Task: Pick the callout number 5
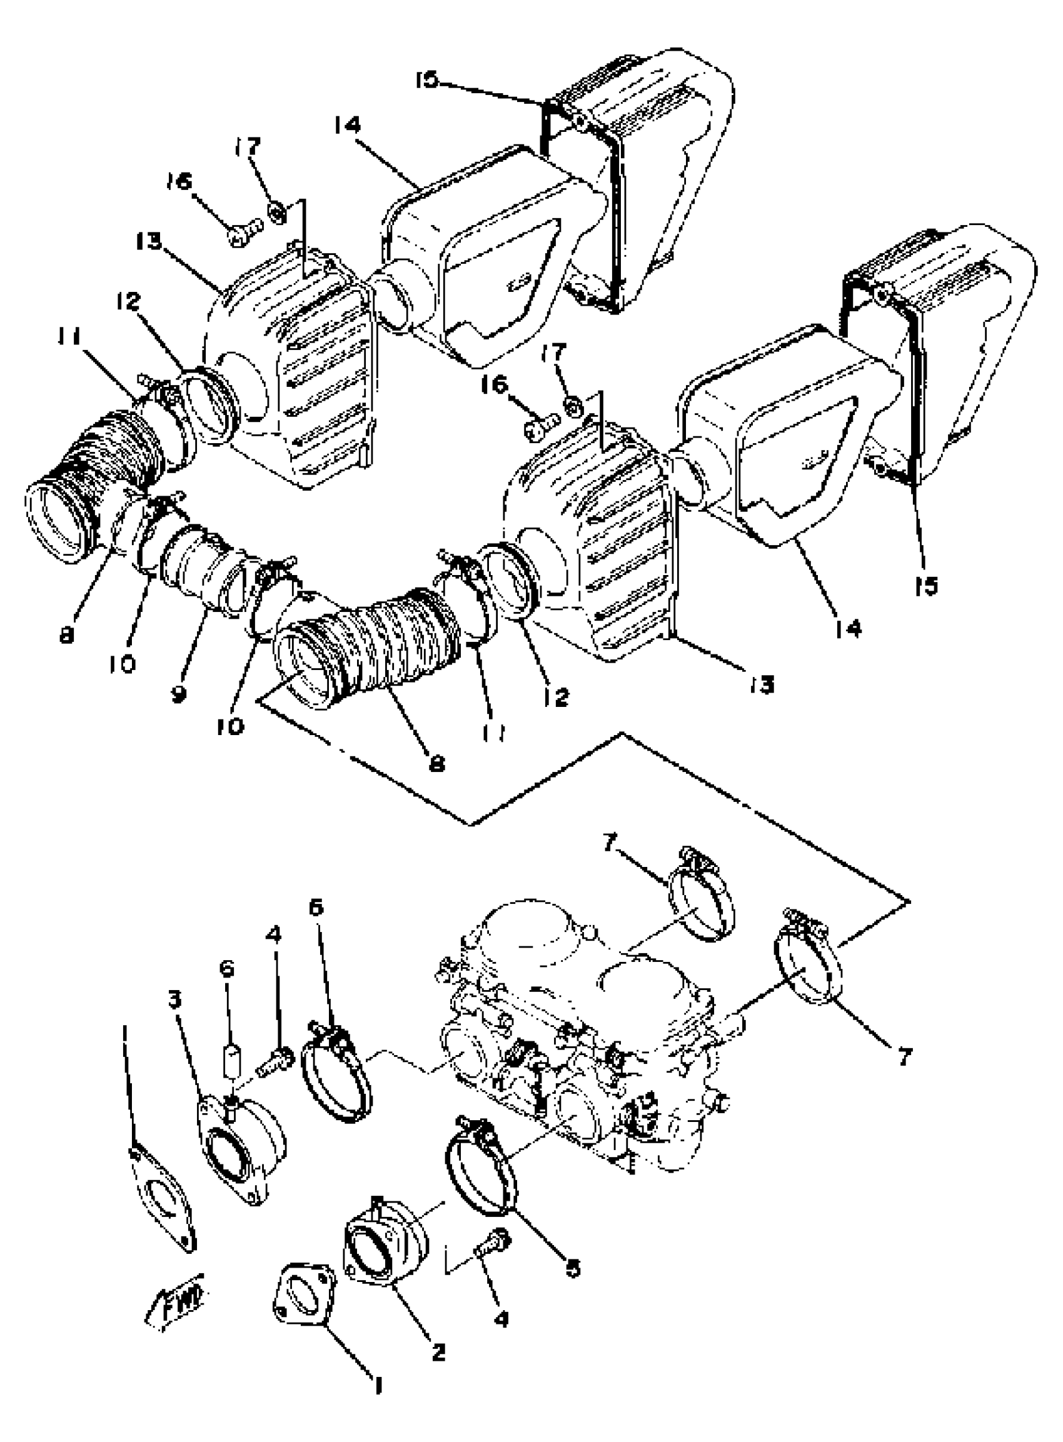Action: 572,1267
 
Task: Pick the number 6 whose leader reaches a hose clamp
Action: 316,907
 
